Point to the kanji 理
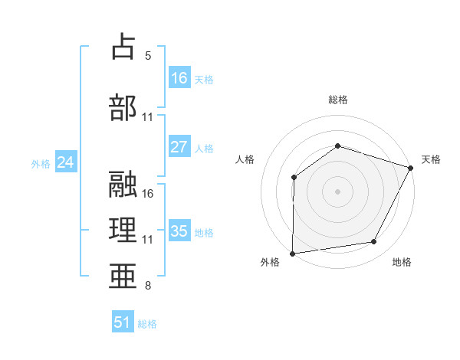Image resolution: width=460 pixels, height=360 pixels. pyautogui.click(x=123, y=229)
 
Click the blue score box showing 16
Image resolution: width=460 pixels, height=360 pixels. pyautogui.click(x=179, y=77)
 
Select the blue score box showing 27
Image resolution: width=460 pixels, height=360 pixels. pyautogui.click(x=179, y=147)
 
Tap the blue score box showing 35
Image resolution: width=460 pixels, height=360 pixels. pyautogui.click(x=179, y=231)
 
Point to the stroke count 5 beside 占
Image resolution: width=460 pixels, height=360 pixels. pyautogui.click(x=148, y=56)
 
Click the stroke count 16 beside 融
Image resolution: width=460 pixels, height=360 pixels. pyautogui.click(x=148, y=193)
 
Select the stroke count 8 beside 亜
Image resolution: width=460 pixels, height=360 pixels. pyautogui.click(x=148, y=286)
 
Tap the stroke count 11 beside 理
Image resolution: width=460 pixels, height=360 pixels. pyautogui.click(x=148, y=240)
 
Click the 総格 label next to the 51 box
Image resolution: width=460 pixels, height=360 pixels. pyautogui.click(x=147, y=324)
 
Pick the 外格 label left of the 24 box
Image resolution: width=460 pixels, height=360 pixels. pyautogui.click(x=41, y=163)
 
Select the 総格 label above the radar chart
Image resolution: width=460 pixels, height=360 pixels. pyautogui.click(x=337, y=100)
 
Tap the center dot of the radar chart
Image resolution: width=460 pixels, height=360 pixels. pyautogui.click(x=337, y=191)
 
